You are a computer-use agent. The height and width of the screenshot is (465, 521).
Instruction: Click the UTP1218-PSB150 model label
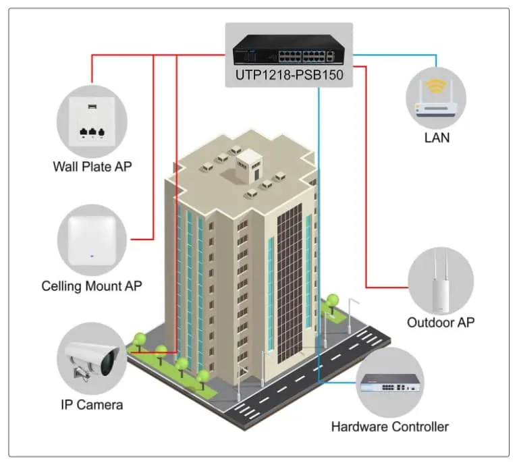pyautogui.click(x=289, y=75)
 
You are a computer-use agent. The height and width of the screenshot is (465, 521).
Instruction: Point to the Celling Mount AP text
pyautogui.click(x=92, y=285)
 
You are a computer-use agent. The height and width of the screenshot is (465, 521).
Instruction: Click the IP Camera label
pyautogui.click(x=91, y=405)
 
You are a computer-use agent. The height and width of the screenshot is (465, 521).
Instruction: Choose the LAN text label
pyautogui.click(x=437, y=138)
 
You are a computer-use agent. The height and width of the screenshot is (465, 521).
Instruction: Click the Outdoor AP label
pyautogui.click(x=441, y=322)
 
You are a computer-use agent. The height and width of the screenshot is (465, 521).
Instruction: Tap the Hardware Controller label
pyautogui.click(x=390, y=427)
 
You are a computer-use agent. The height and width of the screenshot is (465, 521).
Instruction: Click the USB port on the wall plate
pyautogui.click(x=91, y=106)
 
